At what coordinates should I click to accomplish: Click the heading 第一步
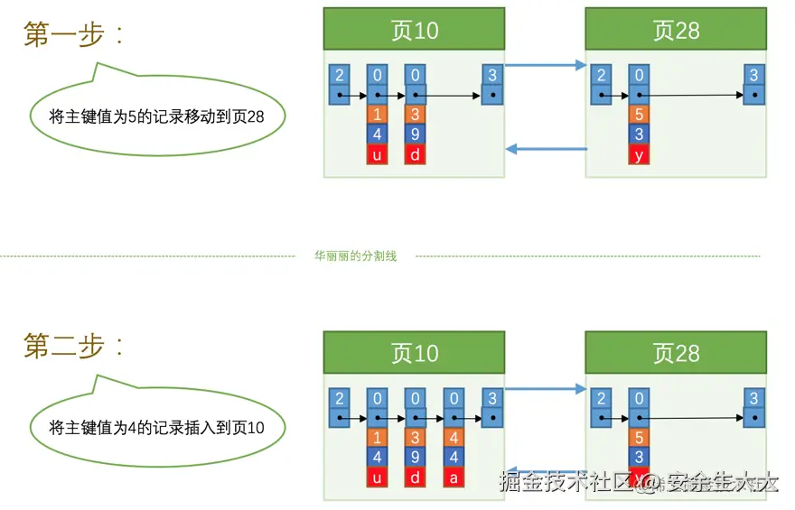click(x=73, y=34)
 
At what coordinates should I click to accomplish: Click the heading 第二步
click(x=73, y=346)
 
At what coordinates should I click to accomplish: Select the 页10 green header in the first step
click(x=414, y=30)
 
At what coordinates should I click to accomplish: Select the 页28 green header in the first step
click(x=676, y=30)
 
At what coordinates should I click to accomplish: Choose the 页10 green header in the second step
click(x=414, y=352)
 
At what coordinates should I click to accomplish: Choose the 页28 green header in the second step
click(x=676, y=352)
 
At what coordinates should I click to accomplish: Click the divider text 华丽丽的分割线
click(x=355, y=256)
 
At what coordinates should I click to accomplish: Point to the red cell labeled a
click(x=454, y=477)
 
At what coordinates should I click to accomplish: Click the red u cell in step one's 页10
click(x=378, y=154)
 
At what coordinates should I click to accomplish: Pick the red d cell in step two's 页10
click(x=416, y=477)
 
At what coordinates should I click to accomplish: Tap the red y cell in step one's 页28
click(x=639, y=154)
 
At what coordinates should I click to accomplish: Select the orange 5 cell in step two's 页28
click(x=639, y=438)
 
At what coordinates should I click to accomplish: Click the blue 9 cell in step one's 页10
click(x=416, y=134)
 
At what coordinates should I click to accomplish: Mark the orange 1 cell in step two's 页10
click(x=378, y=438)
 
